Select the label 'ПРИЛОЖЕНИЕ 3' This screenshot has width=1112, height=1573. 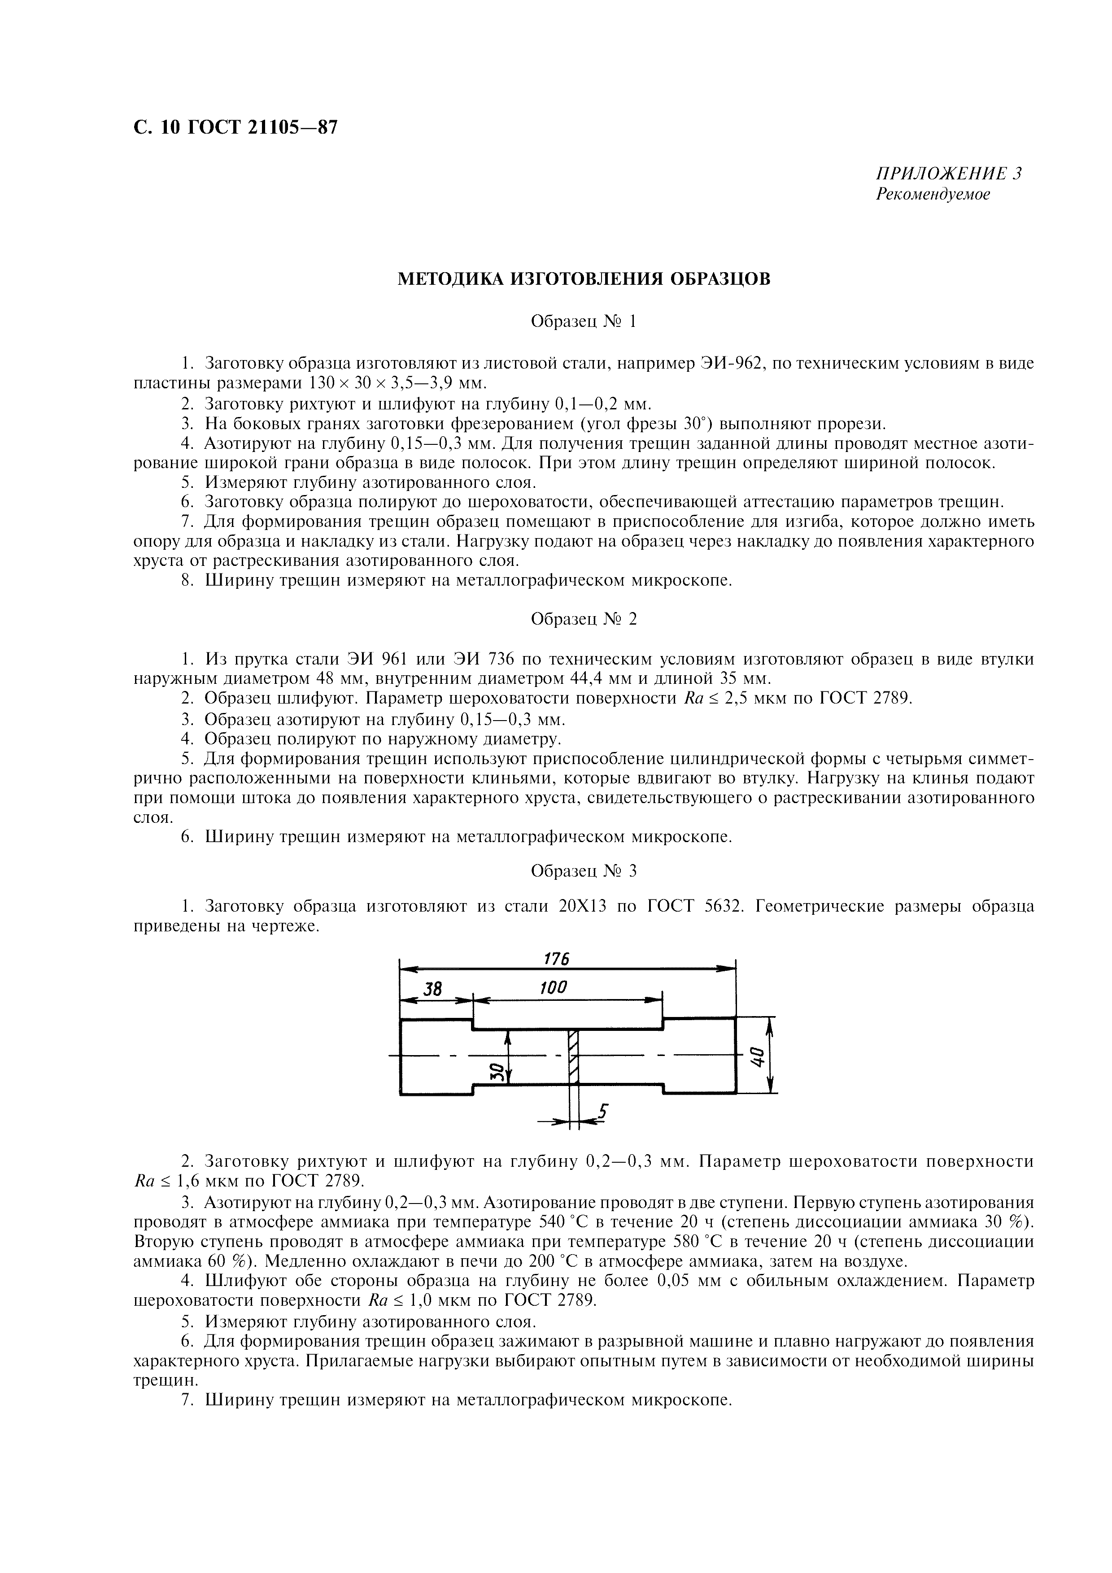[948, 174]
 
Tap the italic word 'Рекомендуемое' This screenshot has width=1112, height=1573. [933, 195]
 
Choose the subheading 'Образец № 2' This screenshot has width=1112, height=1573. [584, 619]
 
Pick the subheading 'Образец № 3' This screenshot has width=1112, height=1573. [584, 871]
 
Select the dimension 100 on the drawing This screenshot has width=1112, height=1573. [554, 987]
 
